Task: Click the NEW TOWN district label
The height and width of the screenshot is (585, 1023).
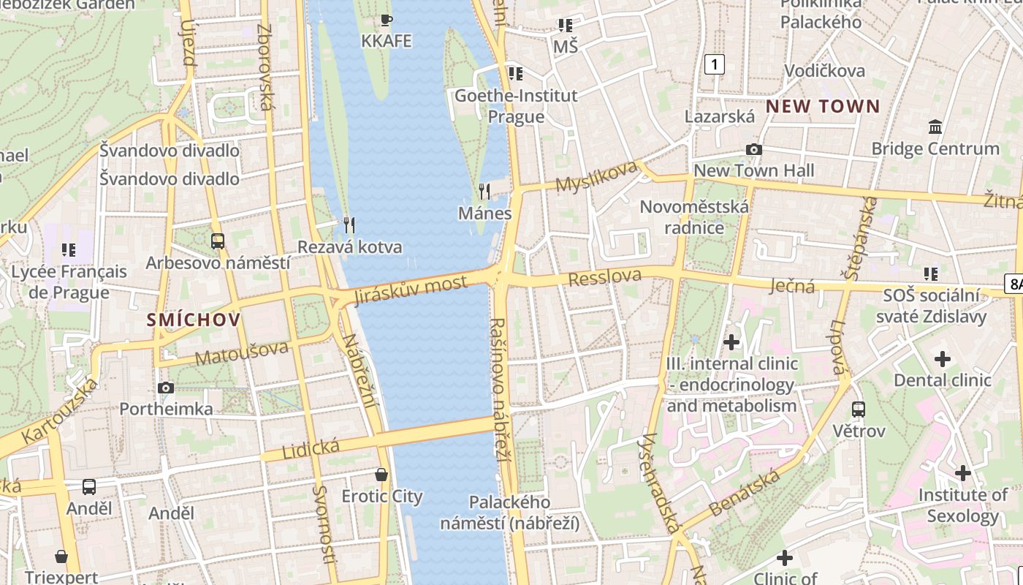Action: click(x=823, y=107)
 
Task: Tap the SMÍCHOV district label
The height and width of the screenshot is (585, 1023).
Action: click(x=194, y=320)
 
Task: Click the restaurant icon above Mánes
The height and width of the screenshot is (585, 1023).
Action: click(x=484, y=192)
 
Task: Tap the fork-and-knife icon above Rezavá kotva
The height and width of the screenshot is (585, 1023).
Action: click(x=349, y=224)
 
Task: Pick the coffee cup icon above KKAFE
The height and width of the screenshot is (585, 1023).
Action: click(x=387, y=20)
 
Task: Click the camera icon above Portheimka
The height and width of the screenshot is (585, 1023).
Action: click(x=166, y=388)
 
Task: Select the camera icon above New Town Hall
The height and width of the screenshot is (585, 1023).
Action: click(x=753, y=150)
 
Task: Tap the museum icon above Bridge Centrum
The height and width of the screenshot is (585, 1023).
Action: click(x=935, y=127)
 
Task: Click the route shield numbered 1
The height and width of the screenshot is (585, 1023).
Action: click(x=714, y=64)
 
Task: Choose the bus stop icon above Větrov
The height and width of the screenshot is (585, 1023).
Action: click(x=859, y=409)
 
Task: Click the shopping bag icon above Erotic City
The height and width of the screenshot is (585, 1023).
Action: click(x=381, y=475)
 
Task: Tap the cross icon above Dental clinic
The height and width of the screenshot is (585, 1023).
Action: click(x=943, y=359)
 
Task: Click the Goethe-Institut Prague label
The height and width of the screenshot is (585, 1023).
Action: click(x=516, y=106)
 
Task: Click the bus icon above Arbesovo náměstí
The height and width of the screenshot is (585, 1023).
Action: click(x=218, y=241)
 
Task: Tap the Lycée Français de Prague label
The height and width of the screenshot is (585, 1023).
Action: click(x=69, y=282)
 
